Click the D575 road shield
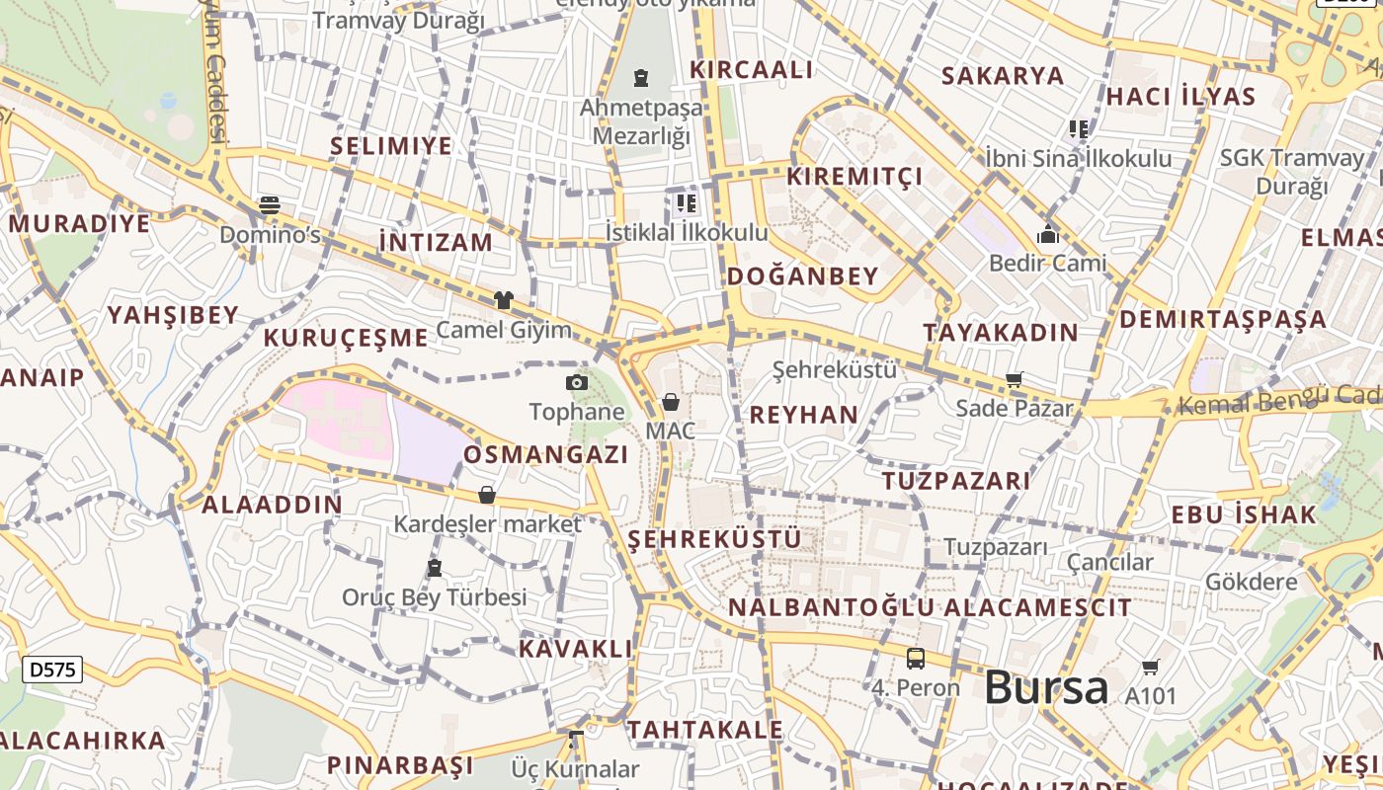pyautogui.click(x=52, y=670)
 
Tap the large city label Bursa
pyautogui.click(x=1046, y=687)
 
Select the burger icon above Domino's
pyautogui.click(x=270, y=205)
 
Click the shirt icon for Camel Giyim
pyautogui.click(x=504, y=300)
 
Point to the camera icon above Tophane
pyautogui.click(x=577, y=382)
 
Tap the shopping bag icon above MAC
pyautogui.click(x=671, y=402)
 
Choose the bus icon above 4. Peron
pyautogui.click(x=916, y=659)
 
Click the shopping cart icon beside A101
pyautogui.click(x=1151, y=668)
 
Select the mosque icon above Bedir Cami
pyautogui.click(x=1048, y=234)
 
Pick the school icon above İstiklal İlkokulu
pyautogui.click(x=687, y=204)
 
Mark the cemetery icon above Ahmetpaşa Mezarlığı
pyautogui.click(x=641, y=77)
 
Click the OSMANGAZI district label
pyautogui.click(x=546, y=455)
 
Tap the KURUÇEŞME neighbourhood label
pyautogui.click(x=346, y=338)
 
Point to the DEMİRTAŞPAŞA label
pyautogui.click(x=1223, y=319)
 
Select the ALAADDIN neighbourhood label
pyautogui.click(x=272, y=505)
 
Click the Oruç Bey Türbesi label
pyautogui.click(x=435, y=597)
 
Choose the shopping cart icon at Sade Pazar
pyautogui.click(x=1015, y=379)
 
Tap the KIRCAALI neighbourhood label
pyautogui.click(x=752, y=70)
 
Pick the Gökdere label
pyautogui.click(x=1252, y=582)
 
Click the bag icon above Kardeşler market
pyautogui.click(x=487, y=495)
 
